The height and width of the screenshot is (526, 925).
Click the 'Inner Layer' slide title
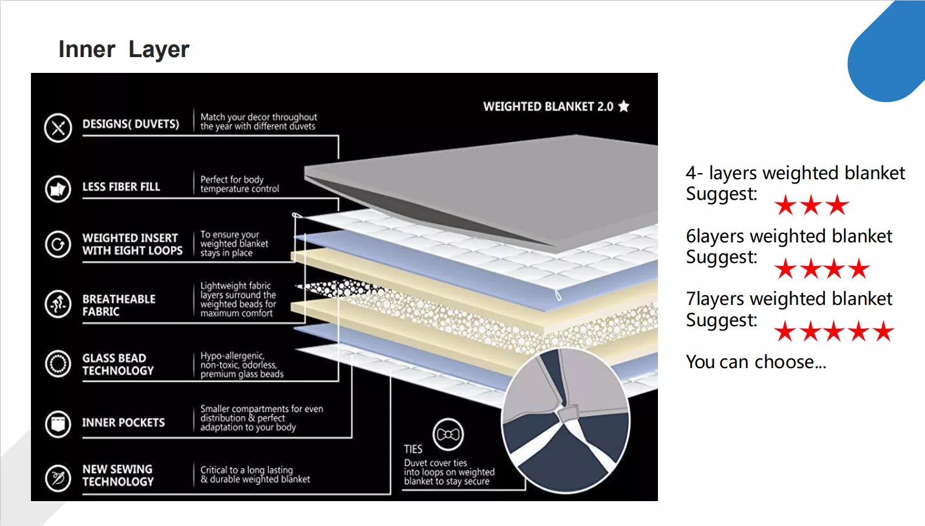tap(124, 50)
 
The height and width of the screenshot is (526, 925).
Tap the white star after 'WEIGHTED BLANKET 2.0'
tap(624, 106)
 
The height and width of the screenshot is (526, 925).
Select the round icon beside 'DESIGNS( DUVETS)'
tap(58, 128)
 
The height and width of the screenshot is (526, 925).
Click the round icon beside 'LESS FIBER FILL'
tap(58, 189)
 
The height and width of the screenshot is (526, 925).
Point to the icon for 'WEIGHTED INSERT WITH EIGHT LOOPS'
tap(58, 244)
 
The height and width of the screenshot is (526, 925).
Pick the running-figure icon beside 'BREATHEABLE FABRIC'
tap(58, 304)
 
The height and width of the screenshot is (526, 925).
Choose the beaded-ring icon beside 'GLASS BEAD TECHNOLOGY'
tap(58, 364)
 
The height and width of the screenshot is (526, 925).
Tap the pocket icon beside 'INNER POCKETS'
tap(58, 423)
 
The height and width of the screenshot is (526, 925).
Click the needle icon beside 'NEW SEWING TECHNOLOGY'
tap(58, 478)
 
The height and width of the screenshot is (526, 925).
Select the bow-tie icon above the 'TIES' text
tap(448, 434)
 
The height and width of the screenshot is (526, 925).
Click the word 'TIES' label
tap(413, 449)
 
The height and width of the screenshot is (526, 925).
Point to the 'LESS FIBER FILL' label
tap(121, 186)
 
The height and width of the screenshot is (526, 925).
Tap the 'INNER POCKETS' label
tap(123, 422)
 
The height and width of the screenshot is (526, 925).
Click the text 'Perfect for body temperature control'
tap(240, 184)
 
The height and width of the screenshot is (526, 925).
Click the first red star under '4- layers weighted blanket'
tap(785, 205)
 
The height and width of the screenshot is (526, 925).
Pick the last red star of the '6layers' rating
tap(859, 268)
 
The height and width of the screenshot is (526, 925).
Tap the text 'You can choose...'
tap(756, 362)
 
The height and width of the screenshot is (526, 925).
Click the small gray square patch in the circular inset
tap(568, 414)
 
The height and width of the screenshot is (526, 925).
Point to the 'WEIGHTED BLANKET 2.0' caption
tap(548, 107)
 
